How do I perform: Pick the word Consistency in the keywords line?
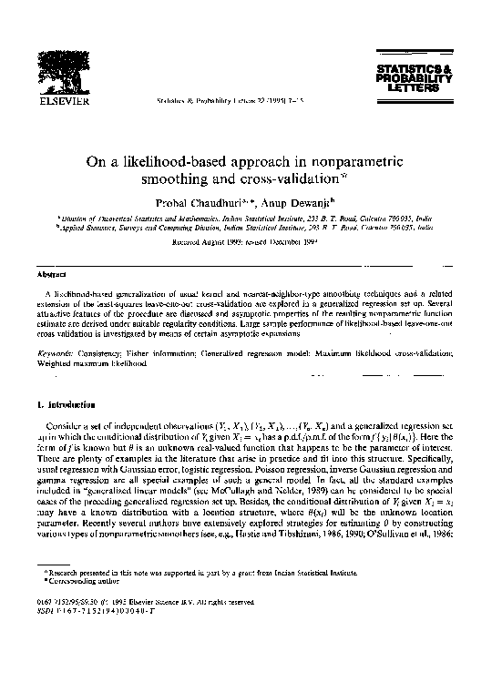tap(123, 351)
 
